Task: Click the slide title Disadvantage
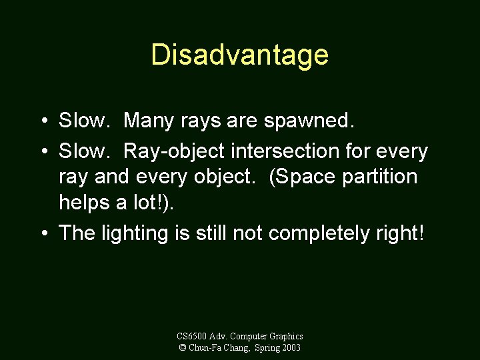tap(239, 55)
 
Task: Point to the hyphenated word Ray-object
tap(175, 152)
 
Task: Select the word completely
tap(324, 233)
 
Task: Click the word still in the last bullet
tap(213, 233)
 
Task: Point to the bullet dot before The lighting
tap(42, 233)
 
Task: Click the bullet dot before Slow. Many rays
tap(42, 121)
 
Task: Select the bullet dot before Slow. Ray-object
tap(42, 152)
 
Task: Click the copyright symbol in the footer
tap(182, 348)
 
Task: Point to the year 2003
tap(291, 348)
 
